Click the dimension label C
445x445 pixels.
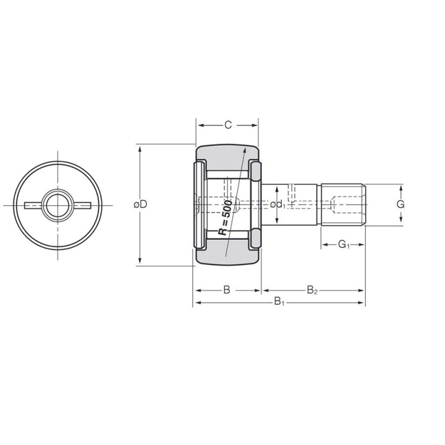(x=228, y=125)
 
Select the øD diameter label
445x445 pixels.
(x=140, y=204)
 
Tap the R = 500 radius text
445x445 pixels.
(x=225, y=218)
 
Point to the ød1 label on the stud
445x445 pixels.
(x=278, y=205)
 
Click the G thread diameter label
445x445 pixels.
(x=400, y=204)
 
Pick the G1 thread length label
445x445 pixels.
(x=344, y=244)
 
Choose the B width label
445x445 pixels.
(x=226, y=290)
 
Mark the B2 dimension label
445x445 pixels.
(x=312, y=290)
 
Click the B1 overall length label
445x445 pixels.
(x=279, y=302)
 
